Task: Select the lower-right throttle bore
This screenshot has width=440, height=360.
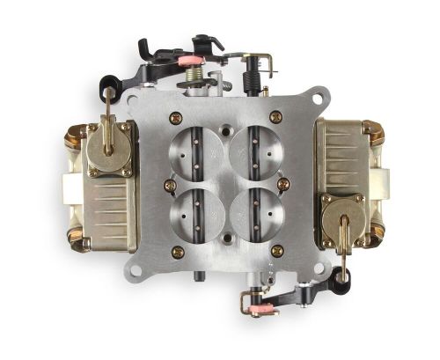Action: (x=251, y=208)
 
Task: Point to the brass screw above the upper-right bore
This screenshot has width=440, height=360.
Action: (x=275, y=115)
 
